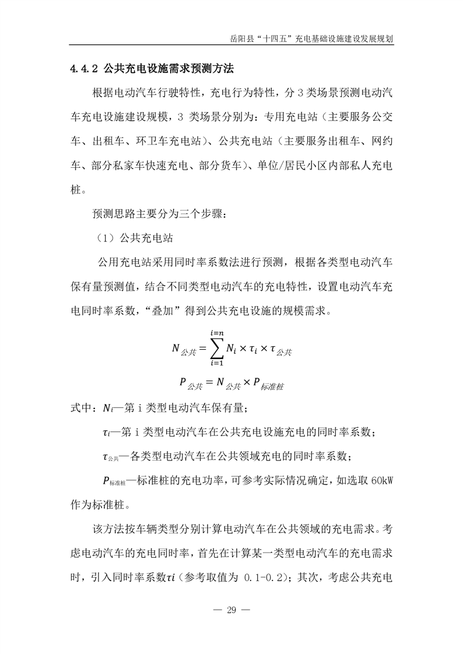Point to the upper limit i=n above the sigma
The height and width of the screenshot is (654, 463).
[216, 332]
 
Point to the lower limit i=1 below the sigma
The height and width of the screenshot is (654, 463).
[216, 364]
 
